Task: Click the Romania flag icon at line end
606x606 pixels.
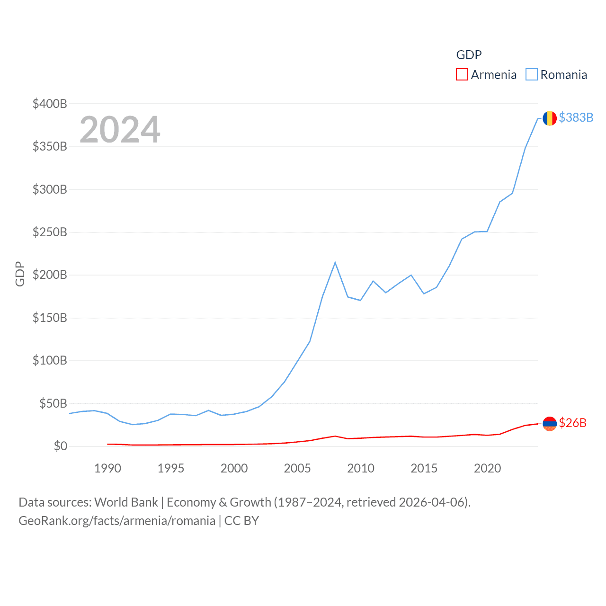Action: click(x=549, y=118)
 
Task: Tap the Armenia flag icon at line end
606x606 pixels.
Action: click(x=549, y=424)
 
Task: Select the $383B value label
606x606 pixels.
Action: click(x=576, y=117)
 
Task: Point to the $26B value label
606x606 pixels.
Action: click(x=572, y=423)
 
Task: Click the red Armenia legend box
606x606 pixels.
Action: click(x=462, y=75)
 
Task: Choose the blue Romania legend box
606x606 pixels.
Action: click(x=532, y=75)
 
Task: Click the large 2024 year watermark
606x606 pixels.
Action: click(x=120, y=130)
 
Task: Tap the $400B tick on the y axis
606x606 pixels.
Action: click(x=50, y=104)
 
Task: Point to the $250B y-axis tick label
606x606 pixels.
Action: click(x=50, y=232)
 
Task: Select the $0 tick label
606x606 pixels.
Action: click(x=60, y=446)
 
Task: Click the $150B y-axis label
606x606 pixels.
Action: click(x=50, y=318)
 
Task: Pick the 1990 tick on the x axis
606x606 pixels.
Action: click(x=107, y=468)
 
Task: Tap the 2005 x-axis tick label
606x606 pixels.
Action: click(x=297, y=468)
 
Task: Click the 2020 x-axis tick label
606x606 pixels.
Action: click(x=487, y=468)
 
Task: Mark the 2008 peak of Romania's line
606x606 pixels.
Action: click(x=335, y=262)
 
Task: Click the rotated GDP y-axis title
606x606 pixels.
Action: click(x=20, y=274)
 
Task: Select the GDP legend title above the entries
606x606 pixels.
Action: click(x=469, y=55)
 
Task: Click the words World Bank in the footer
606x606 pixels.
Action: click(x=126, y=502)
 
